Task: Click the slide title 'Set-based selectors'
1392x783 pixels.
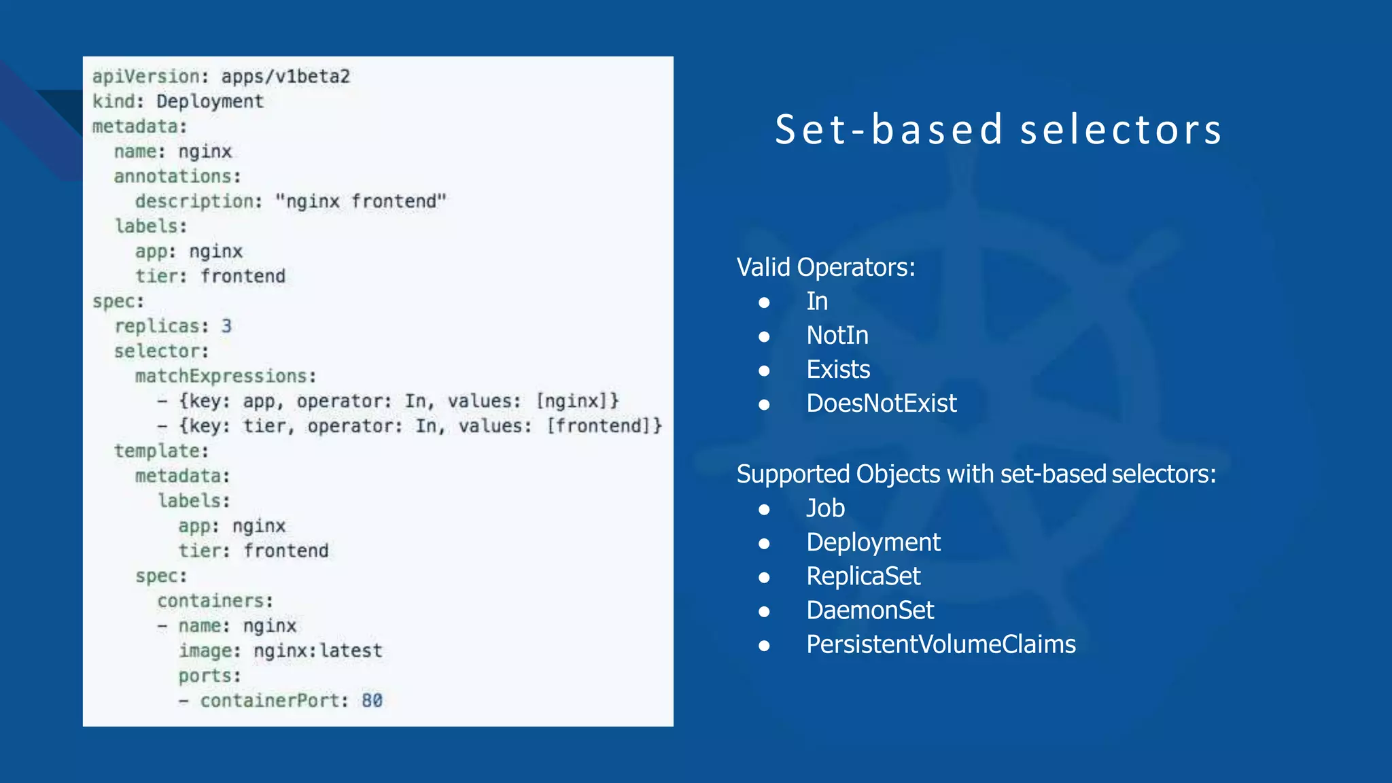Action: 998,130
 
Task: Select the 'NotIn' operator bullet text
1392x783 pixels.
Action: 837,335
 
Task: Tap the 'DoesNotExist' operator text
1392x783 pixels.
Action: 881,403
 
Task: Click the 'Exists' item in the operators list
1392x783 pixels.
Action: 838,369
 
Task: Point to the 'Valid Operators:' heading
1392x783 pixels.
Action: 826,267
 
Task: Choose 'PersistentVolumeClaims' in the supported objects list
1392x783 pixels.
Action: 941,644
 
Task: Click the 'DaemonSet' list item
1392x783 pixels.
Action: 870,610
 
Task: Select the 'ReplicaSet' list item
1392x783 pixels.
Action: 863,576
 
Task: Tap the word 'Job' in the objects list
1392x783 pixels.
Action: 825,508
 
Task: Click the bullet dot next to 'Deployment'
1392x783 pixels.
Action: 765,543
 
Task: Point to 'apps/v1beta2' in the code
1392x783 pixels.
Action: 285,76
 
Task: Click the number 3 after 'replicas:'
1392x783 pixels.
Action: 226,326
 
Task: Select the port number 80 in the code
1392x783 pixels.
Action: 372,700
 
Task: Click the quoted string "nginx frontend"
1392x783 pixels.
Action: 360,201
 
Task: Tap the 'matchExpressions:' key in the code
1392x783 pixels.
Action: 226,376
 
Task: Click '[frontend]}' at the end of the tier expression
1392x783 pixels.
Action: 604,426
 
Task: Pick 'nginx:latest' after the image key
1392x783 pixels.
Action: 317,650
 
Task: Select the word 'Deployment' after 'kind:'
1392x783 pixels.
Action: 209,101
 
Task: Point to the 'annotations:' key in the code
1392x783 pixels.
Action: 177,176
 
